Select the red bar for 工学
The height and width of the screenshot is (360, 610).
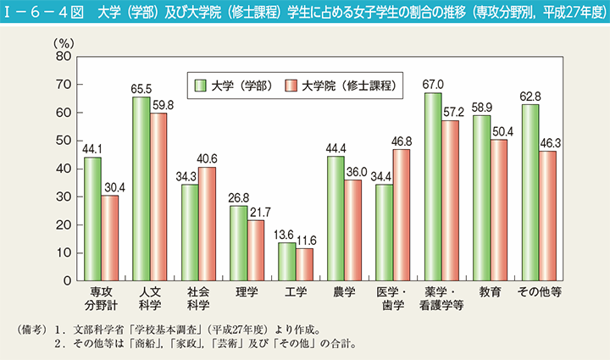pyautogui.click(x=304, y=264)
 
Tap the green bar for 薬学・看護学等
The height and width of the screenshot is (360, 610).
pyautogui.click(x=432, y=186)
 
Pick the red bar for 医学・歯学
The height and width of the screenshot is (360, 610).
pyautogui.click(x=401, y=215)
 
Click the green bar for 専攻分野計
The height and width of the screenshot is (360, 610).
pyautogui.click(x=93, y=219)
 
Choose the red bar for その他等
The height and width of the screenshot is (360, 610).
pyautogui.click(x=546, y=215)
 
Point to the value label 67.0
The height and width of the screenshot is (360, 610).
pyautogui.click(x=432, y=86)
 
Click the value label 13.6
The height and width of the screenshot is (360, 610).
pyautogui.click(x=287, y=235)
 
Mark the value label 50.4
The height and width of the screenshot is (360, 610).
pyautogui.click(x=498, y=132)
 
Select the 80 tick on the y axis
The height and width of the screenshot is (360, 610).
pyautogui.click(x=63, y=57)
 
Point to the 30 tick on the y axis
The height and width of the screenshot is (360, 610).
pyautogui.click(x=63, y=197)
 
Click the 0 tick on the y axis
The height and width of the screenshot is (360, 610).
pyautogui.click(x=67, y=280)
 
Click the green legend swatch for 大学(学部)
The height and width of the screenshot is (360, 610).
pyautogui.click(x=201, y=85)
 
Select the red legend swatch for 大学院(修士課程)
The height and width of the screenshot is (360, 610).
pyautogui.click(x=291, y=85)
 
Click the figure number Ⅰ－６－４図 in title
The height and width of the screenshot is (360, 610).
pyautogui.click(x=40, y=11)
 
